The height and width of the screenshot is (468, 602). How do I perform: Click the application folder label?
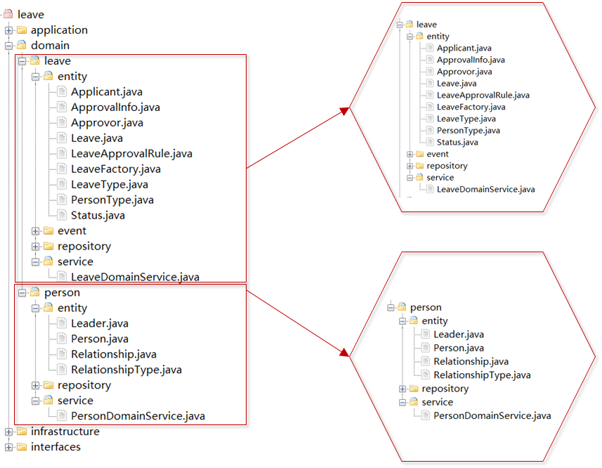click(x=59, y=30)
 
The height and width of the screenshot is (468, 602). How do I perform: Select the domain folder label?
click(x=50, y=46)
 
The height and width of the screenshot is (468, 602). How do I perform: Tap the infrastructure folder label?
click(x=65, y=431)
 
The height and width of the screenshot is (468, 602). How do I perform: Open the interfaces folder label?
click(x=55, y=447)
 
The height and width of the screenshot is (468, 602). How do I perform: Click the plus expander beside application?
click(x=8, y=30)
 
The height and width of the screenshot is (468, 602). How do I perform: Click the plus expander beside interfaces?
click(x=8, y=447)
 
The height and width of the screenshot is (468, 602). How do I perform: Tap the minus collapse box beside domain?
click(x=8, y=46)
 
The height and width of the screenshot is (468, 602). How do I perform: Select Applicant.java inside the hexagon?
click(x=464, y=48)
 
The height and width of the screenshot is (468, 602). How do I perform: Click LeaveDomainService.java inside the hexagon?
click(x=485, y=189)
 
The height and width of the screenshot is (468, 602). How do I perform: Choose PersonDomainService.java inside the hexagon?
click(x=492, y=415)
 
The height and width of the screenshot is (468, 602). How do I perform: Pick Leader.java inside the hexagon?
click(x=458, y=334)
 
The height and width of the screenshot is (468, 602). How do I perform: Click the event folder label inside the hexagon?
click(x=437, y=154)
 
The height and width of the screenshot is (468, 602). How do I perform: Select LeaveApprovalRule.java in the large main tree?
click(x=131, y=154)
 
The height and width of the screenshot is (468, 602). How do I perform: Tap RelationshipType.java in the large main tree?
click(x=126, y=370)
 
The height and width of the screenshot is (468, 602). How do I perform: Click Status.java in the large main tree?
click(x=98, y=216)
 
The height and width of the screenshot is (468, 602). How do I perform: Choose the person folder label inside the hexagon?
click(x=425, y=307)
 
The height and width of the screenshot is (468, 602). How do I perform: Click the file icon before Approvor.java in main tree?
click(x=62, y=123)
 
